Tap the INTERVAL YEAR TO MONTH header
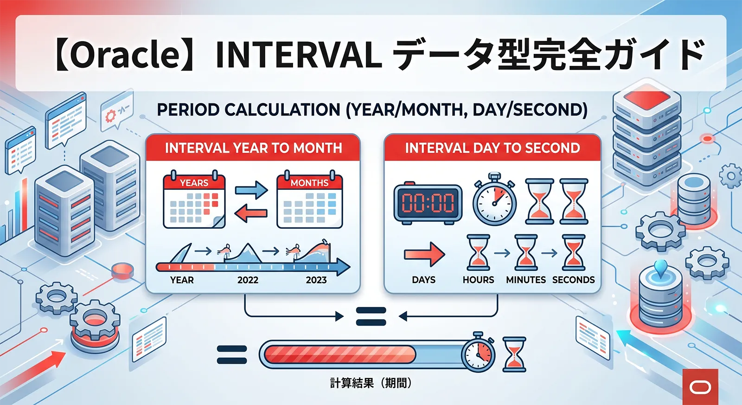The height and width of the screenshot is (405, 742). (x=253, y=148)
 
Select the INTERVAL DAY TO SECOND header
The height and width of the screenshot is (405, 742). (x=492, y=148)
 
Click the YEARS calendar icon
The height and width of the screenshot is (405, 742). (x=194, y=200)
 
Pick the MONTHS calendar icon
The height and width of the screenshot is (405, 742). (x=309, y=200)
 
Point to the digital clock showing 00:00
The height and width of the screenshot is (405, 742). (x=428, y=203)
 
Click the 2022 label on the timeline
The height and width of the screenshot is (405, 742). (x=248, y=280)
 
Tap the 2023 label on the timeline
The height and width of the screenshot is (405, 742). (x=316, y=280)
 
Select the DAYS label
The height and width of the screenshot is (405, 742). (x=423, y=280)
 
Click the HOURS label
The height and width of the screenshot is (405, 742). (x=478, y=280)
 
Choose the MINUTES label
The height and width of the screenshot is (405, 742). (x=526, y=280)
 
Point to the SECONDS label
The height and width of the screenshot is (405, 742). (x=573, y=280)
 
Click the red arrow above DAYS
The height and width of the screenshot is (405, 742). (x=424, y=254)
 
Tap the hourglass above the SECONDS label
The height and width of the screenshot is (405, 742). (x=574, y=252)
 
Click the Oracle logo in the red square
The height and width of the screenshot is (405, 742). (x=700, y=387)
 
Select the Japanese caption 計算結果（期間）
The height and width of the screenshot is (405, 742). (x=371, y=383)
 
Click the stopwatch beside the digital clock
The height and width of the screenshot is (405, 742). (x=494, y=200)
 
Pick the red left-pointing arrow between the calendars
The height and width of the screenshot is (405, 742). (x=251, y=213)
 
